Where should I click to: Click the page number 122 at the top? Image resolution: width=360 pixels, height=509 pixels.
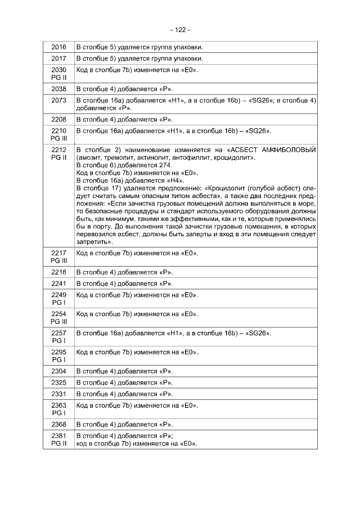pos(180,29)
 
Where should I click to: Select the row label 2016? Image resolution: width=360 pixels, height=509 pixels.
pos(58,47)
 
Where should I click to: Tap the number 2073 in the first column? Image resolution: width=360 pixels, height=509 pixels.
pos(58,100)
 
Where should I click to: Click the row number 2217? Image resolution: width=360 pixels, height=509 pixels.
pos(58,253)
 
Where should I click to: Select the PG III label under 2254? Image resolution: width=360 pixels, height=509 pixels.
pos(58,321)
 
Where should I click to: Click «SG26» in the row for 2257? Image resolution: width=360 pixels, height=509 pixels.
pos(259,334)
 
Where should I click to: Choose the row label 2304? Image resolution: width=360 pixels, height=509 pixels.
pos(58,371)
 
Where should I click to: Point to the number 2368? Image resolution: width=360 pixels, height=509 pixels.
pos(58,424)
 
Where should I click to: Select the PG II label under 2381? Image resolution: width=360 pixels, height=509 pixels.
pos(58,444)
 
